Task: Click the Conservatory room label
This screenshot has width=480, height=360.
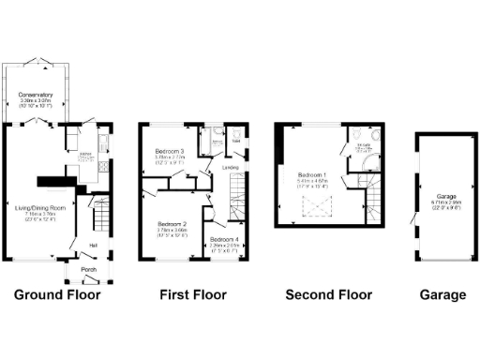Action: point(35,95)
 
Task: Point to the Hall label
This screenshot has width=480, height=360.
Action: point(94,247)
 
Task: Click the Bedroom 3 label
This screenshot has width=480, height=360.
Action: point(170,151)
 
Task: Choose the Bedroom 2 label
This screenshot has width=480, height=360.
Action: point(172,224)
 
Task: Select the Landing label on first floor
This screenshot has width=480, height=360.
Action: point(230,168)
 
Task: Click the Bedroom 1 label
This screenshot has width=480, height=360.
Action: point(311,174)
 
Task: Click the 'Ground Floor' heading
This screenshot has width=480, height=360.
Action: point(57,295)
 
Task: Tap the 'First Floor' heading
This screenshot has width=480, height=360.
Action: point(192,295)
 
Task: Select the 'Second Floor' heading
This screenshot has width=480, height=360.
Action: point(328,295)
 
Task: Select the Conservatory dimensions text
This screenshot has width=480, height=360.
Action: point(35,101)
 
